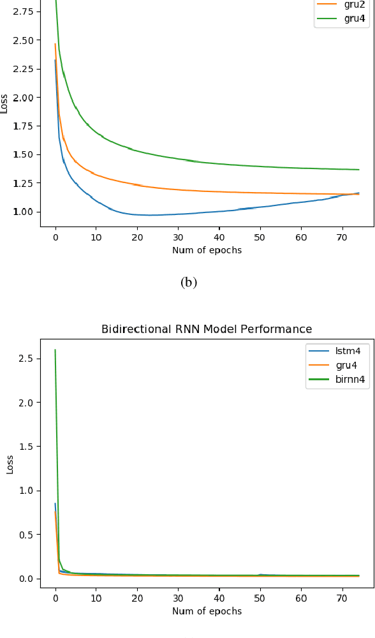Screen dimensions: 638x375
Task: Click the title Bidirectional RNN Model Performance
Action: [x=207, y=329]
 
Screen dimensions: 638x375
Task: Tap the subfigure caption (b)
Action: [x=189, y=282]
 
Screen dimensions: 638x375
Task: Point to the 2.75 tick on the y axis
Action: [x=26, y=11]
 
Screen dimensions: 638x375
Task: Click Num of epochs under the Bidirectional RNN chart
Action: [x=207, y=611]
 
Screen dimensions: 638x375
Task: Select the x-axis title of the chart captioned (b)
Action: [x=207, y=250]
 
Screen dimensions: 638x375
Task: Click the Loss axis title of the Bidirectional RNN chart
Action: [x=10, y=464]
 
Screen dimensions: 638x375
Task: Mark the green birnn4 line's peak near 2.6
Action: [x=55, y=350]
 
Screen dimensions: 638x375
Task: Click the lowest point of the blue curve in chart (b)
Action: [x=151, y=215]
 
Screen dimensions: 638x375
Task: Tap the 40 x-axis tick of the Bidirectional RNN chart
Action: [x=219, y=598]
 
